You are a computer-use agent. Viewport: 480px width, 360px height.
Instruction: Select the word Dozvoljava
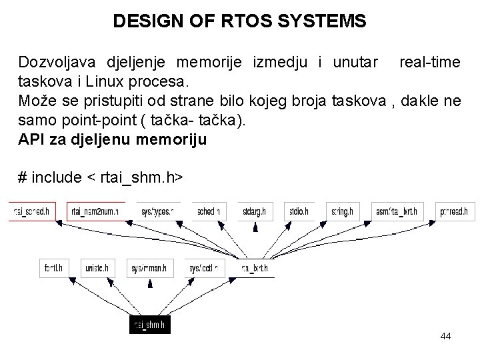click(x=57, y=63)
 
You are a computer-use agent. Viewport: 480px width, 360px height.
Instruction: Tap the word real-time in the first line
click(x=429, y=63)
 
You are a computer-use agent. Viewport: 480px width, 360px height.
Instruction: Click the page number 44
click(x=446, y=337)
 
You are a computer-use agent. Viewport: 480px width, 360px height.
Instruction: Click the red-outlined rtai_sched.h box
click(x=31, y=211)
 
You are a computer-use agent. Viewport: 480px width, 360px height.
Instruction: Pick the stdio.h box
click(x=299, y=211)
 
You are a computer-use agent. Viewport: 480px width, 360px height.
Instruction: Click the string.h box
click(x=341, y=211)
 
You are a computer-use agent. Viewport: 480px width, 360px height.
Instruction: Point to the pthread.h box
click(x=454, y=211)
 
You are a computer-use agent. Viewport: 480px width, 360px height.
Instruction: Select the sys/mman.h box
click(x=149, y=268)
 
